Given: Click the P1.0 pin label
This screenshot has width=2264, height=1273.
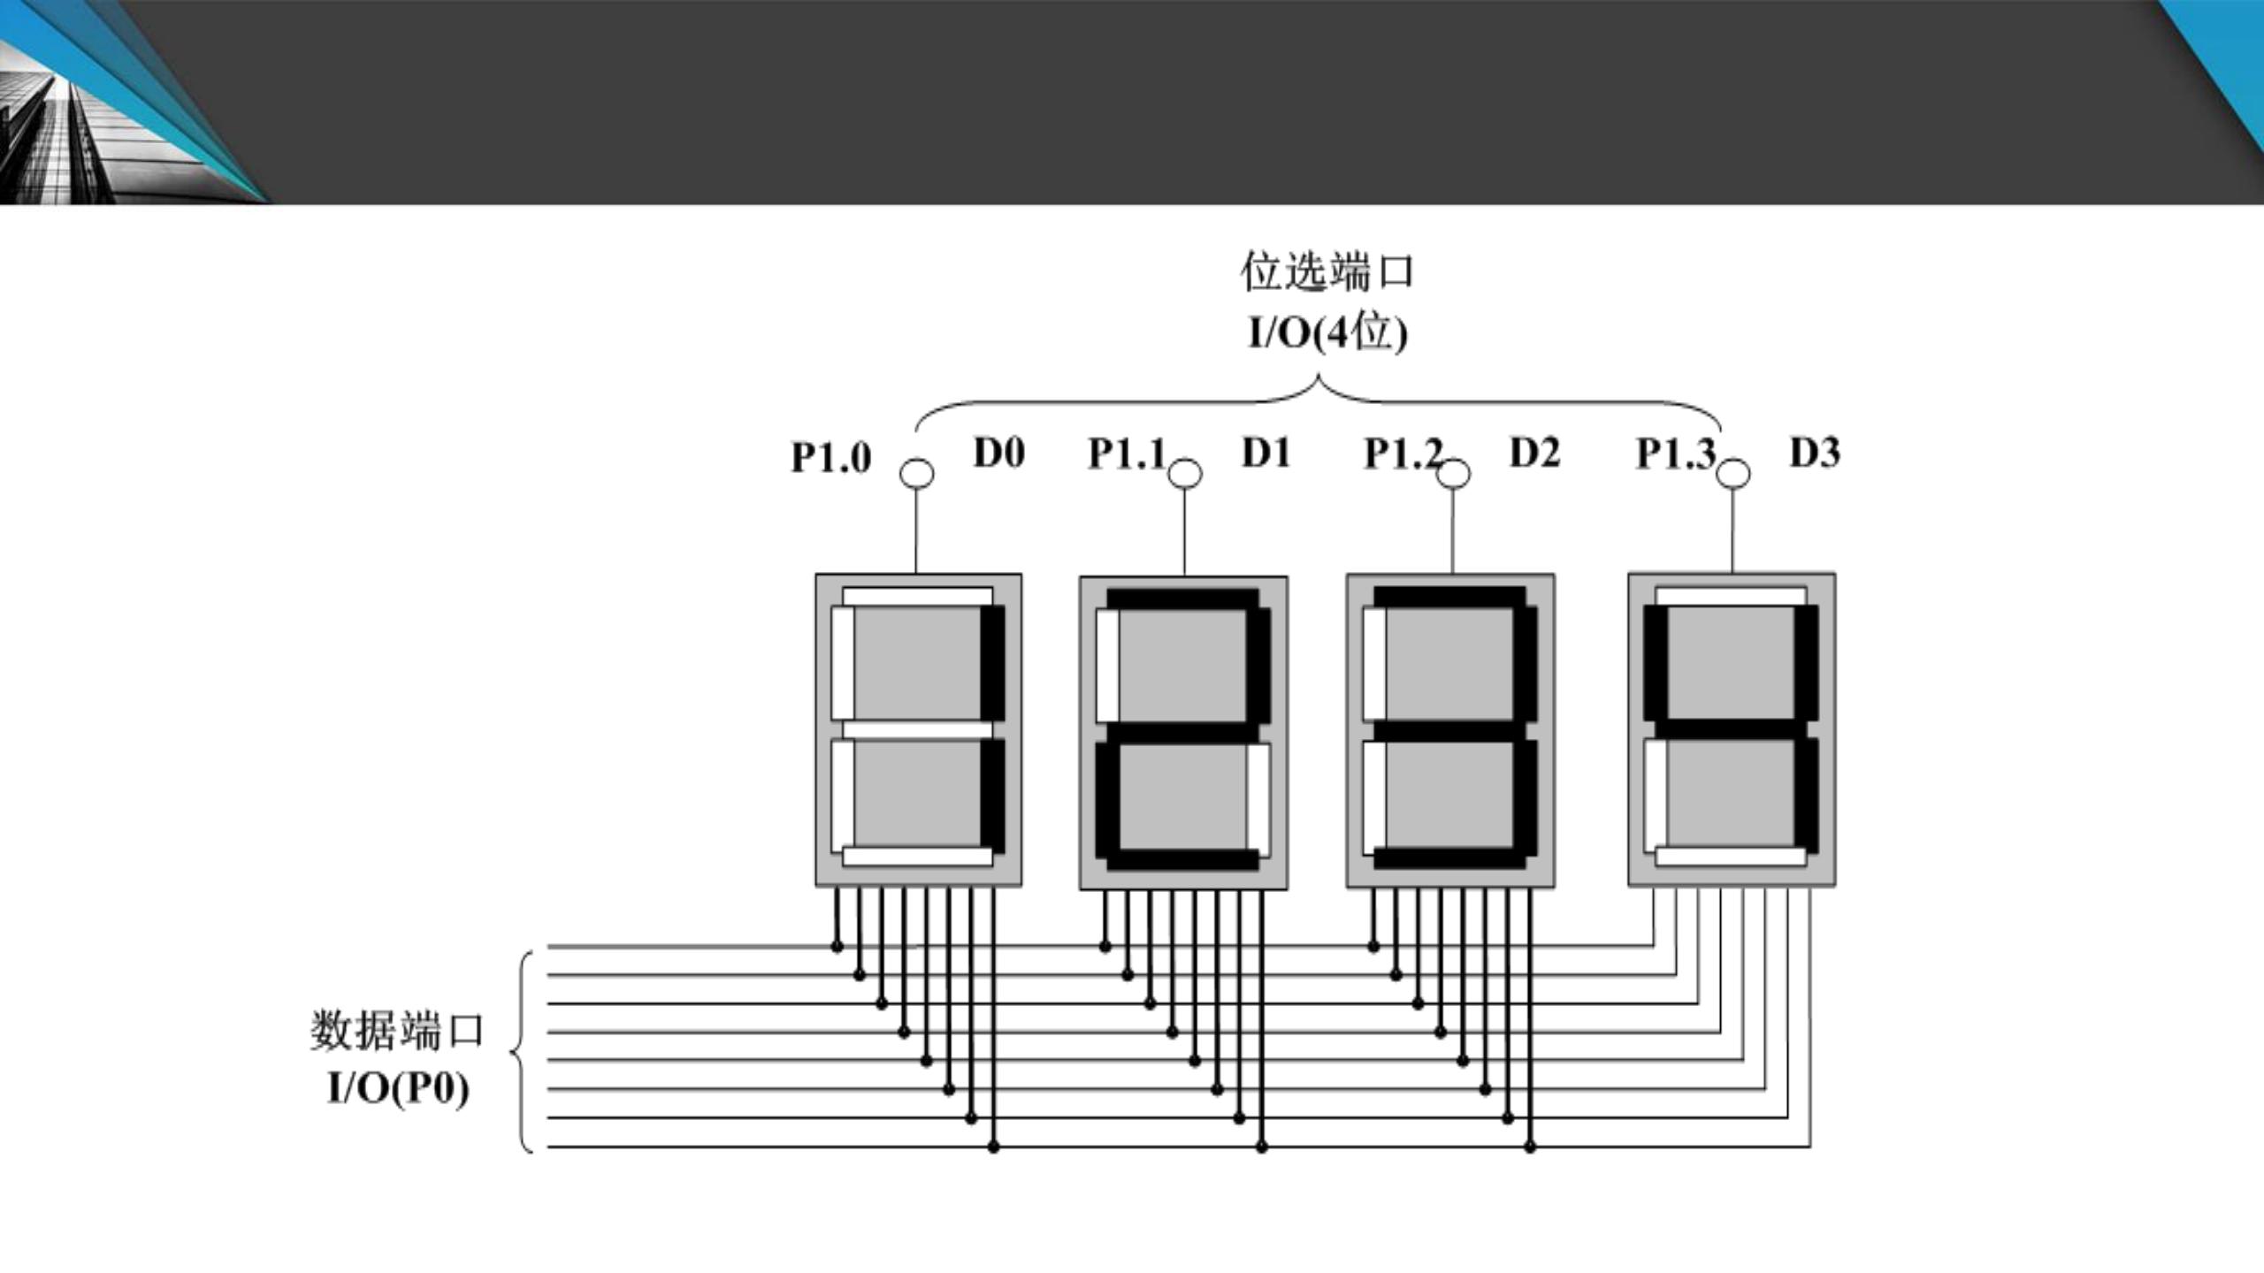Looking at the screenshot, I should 830,457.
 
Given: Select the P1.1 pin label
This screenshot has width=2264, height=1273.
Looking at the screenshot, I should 1127,454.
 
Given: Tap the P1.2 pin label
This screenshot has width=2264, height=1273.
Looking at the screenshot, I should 1403,454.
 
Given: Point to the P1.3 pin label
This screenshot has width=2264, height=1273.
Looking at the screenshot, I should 1675,454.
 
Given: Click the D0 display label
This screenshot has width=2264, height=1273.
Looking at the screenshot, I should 998,453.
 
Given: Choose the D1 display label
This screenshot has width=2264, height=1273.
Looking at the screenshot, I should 1266,453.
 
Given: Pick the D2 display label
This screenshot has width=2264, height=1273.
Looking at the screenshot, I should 1534,453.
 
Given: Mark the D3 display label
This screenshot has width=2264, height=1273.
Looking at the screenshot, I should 1815,453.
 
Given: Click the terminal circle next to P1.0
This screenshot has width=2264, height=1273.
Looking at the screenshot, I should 916,474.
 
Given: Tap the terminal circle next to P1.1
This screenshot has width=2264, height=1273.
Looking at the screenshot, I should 1185,475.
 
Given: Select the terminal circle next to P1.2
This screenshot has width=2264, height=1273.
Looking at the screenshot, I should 1453,475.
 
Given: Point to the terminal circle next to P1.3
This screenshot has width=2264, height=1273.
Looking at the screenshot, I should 1732,474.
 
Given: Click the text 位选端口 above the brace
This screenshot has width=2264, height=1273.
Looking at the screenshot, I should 1327,271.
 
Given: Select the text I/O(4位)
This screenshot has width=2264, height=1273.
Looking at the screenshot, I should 1327,333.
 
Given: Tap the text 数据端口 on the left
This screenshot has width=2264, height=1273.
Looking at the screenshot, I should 397,1031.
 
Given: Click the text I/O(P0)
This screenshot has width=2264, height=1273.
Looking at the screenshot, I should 397,1087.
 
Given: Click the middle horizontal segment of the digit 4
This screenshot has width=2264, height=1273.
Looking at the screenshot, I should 1731,728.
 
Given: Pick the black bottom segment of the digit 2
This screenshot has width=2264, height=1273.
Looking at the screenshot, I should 1183,859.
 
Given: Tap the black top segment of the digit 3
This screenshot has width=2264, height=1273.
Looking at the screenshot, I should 1449,598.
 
